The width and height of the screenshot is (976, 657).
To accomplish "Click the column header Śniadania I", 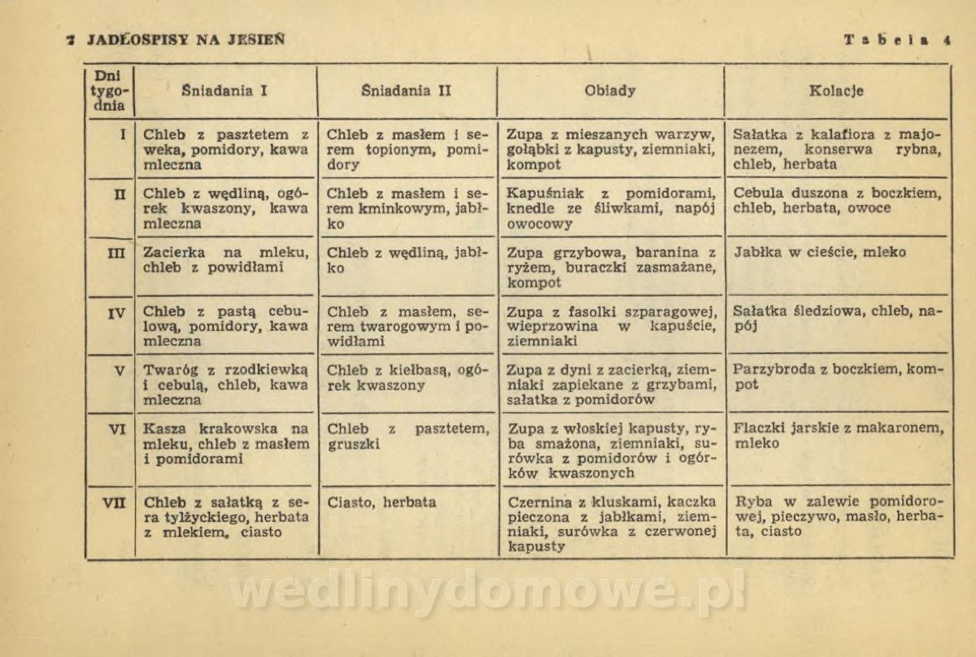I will pos(225,91).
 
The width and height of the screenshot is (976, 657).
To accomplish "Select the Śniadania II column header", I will pos(406,91).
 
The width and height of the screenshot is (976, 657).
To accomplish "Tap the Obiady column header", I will pos(610,91).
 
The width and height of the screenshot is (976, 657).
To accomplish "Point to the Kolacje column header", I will pos(836,91).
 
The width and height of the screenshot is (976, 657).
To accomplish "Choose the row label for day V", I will pos(119,371).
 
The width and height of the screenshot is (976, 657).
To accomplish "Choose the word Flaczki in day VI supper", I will pos(759,429).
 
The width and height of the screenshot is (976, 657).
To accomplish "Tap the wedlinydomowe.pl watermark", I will pos(487,592).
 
